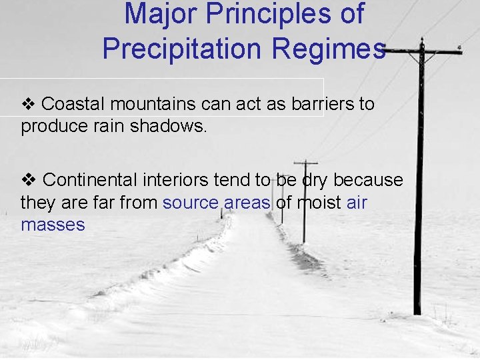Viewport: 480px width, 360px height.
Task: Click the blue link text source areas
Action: [217, 203]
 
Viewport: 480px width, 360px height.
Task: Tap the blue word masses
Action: [53, 225]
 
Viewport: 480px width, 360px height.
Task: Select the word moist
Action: [318, 203]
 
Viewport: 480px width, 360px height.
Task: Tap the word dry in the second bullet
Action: [315, 180]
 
